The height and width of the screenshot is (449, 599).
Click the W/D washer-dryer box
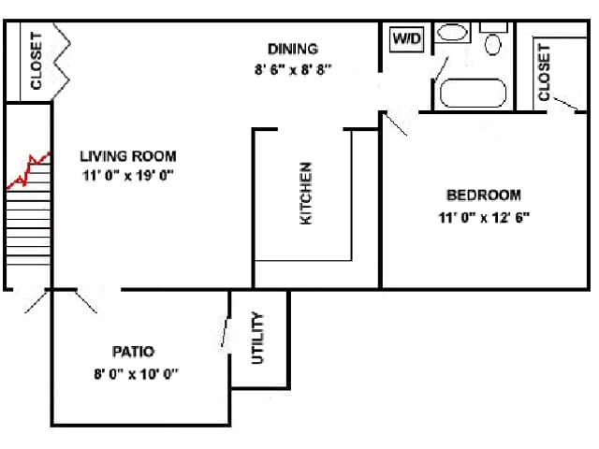[x=407, y=38]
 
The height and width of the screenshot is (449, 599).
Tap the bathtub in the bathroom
[x=473, y=93]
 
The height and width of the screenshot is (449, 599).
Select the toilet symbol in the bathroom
[x=493, y=39]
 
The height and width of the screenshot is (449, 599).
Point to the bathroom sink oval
[x=452, y=32]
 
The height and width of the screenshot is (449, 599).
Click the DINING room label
[x=293, y=49]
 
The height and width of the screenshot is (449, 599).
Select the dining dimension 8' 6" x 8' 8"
[x=293, y=69]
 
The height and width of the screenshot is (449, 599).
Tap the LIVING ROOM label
[x=128, y=156]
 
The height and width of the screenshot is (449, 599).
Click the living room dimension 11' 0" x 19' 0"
[x=128, y=176]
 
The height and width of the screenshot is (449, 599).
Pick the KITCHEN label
[x=306, y=194]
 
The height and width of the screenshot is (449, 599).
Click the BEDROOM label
[x=484, y=196]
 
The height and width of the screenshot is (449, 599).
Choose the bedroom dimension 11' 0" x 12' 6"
[x=484, y=218]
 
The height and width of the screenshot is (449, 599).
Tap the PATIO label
[x=133, y=352]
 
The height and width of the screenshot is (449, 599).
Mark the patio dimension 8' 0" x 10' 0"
[x=137, y=374]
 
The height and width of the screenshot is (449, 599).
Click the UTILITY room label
[x=258, y=338]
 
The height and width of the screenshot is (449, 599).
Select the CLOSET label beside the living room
[x=36, y=61]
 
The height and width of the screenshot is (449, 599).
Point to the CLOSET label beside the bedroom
[x=544, y=73]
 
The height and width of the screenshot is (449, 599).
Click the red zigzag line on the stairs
[x=29, y=170]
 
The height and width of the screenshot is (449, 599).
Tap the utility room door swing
[x=225, y=331]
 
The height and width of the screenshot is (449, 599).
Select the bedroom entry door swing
[x=396, y=124]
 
